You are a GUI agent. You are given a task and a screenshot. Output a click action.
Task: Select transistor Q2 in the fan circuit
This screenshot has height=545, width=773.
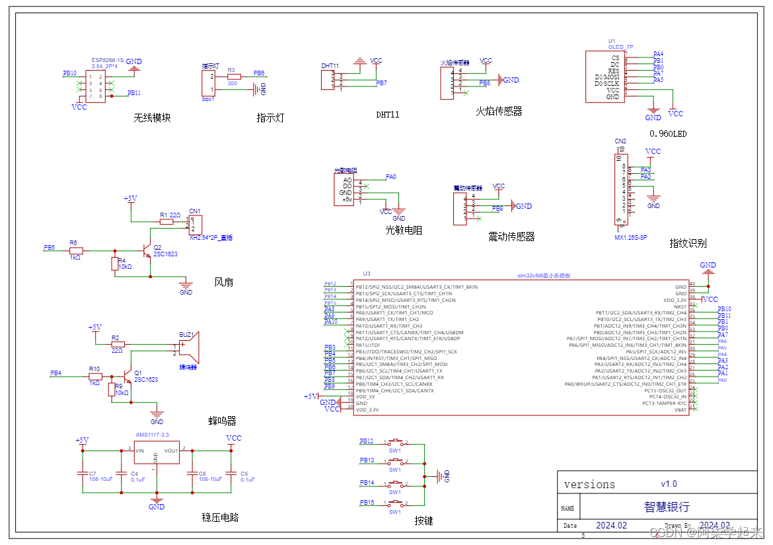pos(147,251)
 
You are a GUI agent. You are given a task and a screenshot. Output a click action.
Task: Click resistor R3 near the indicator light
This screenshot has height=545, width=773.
pos(233,76)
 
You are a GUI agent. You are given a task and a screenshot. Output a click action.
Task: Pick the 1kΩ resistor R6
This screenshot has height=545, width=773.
pos(76,251)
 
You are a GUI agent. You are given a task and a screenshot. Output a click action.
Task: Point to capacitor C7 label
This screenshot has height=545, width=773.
pos(93,474)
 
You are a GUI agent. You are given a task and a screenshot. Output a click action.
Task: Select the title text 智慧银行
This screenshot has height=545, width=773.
pos(667,507)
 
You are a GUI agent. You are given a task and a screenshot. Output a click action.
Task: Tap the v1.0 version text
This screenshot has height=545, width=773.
pos(669,484)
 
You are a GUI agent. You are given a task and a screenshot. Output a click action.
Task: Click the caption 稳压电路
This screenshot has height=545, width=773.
pos(220,517)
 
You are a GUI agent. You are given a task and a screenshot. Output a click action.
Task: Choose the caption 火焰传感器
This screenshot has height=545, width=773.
pos(499,112)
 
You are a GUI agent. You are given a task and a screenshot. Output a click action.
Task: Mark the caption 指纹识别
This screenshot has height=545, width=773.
pos(688,243)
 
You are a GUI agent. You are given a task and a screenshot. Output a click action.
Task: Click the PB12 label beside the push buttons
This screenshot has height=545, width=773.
pos(367,441)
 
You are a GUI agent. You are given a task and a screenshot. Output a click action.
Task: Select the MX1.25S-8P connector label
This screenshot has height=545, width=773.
pos(632,236)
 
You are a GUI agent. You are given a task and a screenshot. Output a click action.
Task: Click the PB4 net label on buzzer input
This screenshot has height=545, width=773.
pos(55,373)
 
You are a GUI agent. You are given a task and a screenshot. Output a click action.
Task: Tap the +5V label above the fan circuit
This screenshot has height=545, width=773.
pos(130,198)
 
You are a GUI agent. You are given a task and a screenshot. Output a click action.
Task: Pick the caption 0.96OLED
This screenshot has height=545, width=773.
pos(668,133)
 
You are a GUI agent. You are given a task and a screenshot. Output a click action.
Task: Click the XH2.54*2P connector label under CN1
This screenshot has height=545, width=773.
pos(211,237)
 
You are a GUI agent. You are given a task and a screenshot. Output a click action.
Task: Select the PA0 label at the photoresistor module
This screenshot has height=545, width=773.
pos(390,177)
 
